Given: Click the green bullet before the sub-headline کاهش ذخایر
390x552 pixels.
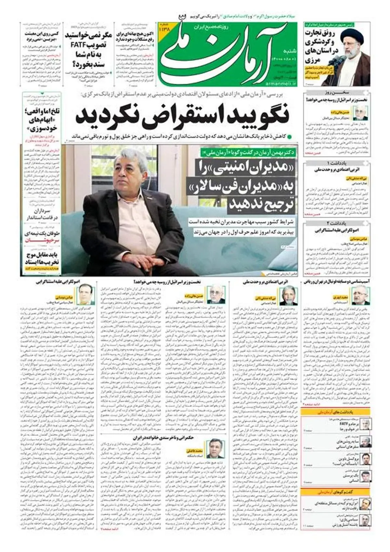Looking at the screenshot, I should pyautogui.click(x=290, y=136).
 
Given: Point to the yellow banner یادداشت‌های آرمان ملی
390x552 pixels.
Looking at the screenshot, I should pyautogui.click(x=335, y=412).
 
